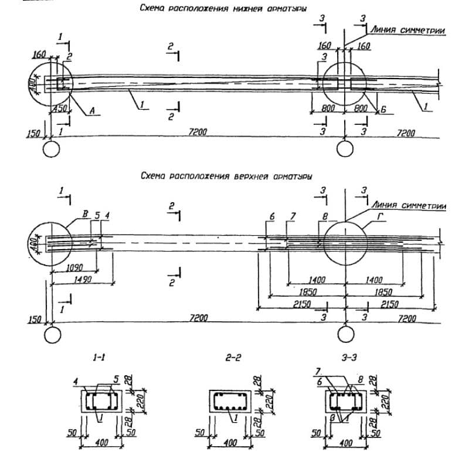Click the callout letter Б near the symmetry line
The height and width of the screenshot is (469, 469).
[x=383, y=109]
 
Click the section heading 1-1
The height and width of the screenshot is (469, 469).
[x=98, y=356]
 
